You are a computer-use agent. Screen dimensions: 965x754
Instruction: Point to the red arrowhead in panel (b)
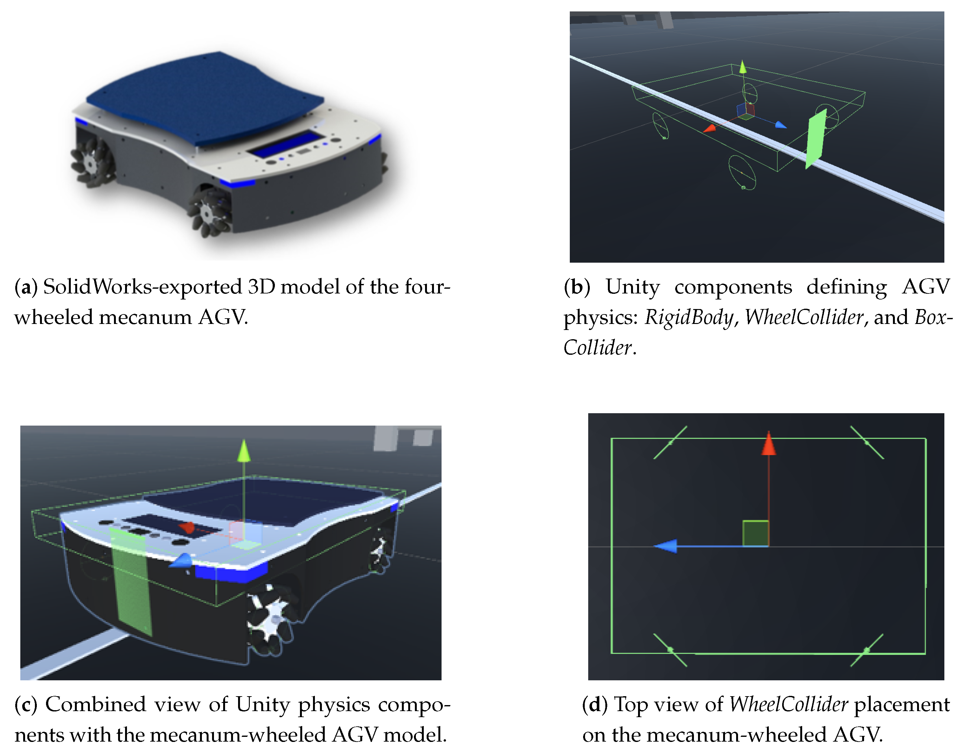(709, 129)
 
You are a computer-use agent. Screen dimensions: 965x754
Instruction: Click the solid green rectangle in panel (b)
(816, 139)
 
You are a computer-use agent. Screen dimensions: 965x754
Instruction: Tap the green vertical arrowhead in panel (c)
(244, 450)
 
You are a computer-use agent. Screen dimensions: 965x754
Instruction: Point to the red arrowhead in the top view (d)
(769, 443)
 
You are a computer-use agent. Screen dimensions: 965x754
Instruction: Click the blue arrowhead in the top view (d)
(665, 546)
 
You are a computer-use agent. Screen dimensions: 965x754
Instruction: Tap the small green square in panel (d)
(755, 534)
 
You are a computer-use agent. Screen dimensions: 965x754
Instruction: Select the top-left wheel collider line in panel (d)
(670, 442)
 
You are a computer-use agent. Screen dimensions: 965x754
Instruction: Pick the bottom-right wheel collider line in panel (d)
(867, 650)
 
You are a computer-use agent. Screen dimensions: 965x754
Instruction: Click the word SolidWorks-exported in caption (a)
(142, 287)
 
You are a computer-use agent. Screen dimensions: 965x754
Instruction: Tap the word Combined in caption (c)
(96, 704)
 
